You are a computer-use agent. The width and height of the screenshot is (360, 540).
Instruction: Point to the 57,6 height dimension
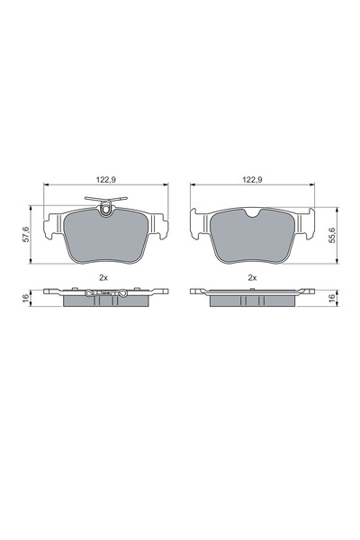(x=28, y=235)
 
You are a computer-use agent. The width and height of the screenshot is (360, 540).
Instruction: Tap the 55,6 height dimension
(x=331, y=235)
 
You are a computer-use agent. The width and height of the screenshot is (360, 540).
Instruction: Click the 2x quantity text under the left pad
(x=106, y=277)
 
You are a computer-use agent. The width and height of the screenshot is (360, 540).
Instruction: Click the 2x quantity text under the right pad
(x=253, y=277)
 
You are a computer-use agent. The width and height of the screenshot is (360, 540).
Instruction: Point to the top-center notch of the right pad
(x=253, y=215)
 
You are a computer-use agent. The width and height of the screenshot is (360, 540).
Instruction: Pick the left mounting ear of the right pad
(x=198, y=220)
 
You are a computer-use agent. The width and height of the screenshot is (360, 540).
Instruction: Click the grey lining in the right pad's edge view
(x=253, y=301)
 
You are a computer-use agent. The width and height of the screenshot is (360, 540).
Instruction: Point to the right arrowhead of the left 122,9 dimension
(x=167, y=186)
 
